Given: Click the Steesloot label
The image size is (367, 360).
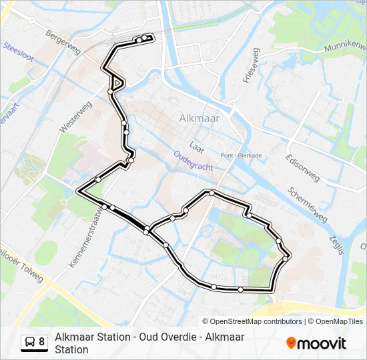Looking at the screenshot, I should click(19, 53).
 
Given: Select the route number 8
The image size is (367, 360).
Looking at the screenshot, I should click(42, 342).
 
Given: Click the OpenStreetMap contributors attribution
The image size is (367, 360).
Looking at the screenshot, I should click(256, 321).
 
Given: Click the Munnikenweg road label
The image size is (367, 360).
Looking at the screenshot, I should click(345, 47).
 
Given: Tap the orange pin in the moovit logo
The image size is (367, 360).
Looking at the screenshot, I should click(291, 343).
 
